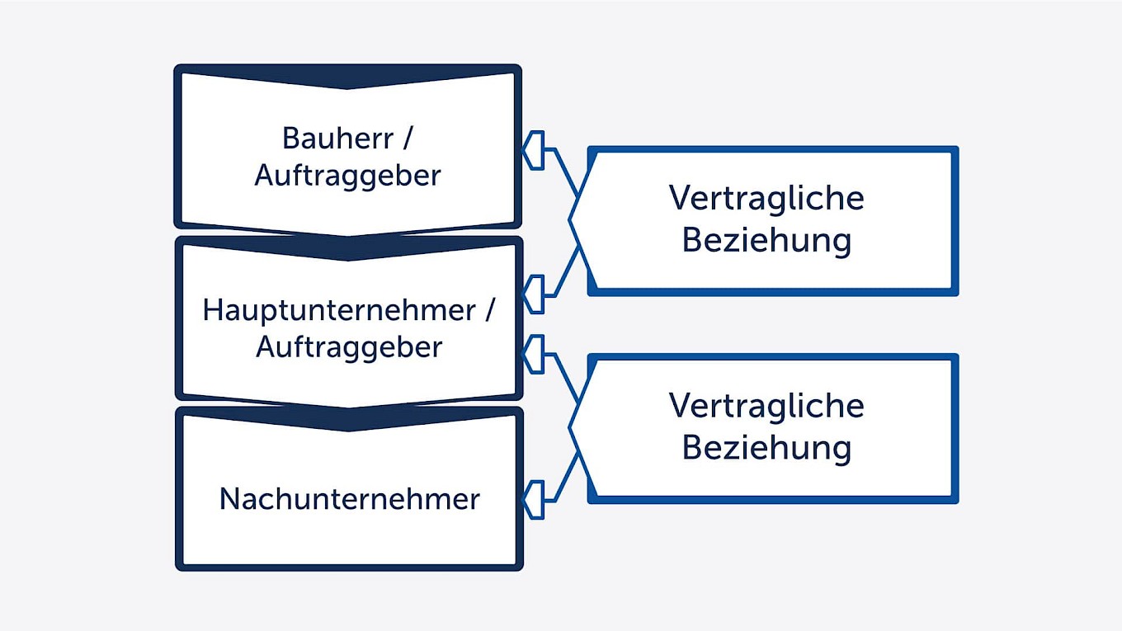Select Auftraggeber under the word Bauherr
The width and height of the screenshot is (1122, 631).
coord(347,176)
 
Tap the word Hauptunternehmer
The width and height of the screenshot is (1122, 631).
coord(339,311)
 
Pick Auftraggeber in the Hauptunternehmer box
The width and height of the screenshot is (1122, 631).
coord(349,347)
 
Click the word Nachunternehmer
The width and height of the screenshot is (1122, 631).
coord(349,499)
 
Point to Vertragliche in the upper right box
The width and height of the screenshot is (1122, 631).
coord(766,198)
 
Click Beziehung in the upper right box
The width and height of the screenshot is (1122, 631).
coord(766,240)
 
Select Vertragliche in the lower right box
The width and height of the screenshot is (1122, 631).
coord(766,406)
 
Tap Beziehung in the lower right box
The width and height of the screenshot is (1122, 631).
coord(766,448)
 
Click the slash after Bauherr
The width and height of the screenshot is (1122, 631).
coord(407,138)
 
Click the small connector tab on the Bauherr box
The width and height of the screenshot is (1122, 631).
coord(535,150)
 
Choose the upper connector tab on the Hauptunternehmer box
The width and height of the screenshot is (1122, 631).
coord(535,294)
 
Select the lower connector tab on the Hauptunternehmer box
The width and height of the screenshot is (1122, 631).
coord(535,356)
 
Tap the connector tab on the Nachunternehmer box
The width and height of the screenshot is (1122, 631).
coord(535,500)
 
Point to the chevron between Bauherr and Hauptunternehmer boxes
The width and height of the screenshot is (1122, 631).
coord(347,248)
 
